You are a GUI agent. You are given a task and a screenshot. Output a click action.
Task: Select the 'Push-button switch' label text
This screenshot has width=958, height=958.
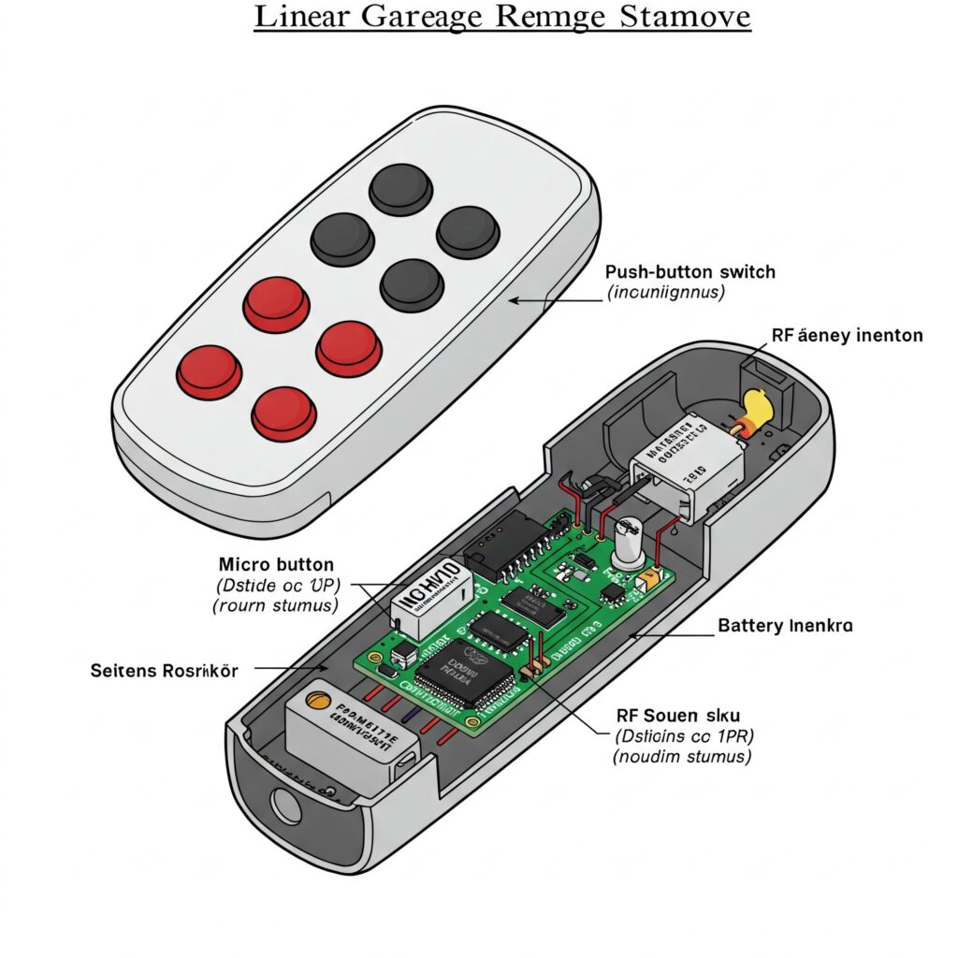[690, 272]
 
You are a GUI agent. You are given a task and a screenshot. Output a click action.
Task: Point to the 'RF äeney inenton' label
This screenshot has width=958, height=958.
[847, 335]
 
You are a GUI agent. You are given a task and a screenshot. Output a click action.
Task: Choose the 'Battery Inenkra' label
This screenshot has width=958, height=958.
[785, 625]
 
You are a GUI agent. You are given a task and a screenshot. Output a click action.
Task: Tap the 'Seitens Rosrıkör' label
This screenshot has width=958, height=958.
[165, 670]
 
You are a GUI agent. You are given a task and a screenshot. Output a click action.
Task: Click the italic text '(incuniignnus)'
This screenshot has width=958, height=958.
[666, 293]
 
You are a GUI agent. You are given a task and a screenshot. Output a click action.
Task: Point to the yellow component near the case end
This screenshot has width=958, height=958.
[755, 407]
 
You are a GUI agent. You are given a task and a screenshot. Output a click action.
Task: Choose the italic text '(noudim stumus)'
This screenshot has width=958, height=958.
[682, 757]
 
